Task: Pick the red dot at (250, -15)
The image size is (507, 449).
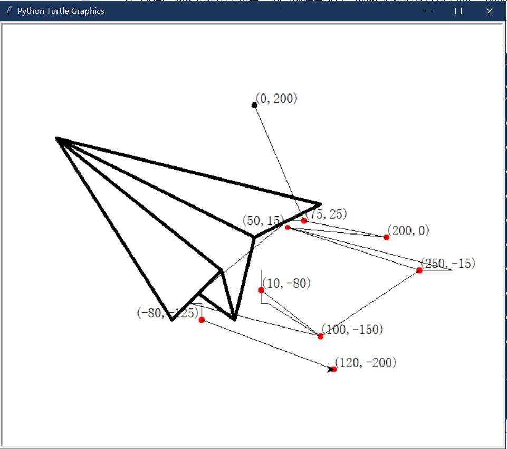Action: click(419, 270)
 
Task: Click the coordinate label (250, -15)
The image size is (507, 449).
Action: click(448, 263)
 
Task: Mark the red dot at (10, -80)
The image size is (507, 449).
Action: click(261, 290)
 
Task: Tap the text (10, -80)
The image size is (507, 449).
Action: click(286, 283)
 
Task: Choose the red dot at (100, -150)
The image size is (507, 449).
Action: click(320, 336)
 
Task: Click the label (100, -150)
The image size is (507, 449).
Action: click(352, 330)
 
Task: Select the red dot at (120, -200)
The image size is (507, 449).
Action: click(333, 369)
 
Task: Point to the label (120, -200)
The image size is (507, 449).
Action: click(366, 362)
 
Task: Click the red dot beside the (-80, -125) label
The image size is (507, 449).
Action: click(202, 320)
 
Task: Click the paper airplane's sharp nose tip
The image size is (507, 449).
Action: click(57, 138)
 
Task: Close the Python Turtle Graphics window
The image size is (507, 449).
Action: click(490, 11)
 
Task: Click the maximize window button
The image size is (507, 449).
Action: click(458, 11)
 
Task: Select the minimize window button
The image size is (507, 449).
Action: click(428, 11)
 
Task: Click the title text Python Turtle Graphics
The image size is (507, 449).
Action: click(61, 11)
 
